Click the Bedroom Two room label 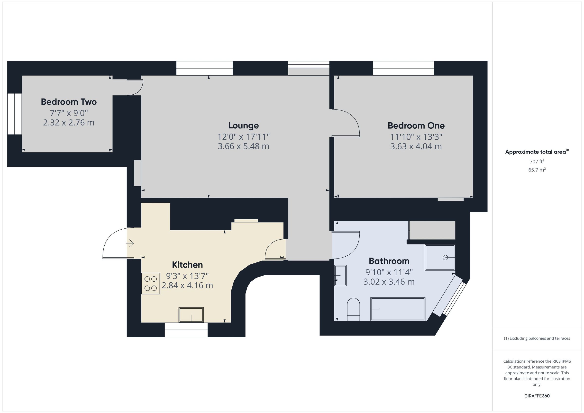click(69, 102)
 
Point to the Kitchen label click(187, 265)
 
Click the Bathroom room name click(389, 261)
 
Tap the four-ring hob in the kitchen click(151, 284)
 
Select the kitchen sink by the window click(191, 315)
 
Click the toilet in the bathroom click(354, 309)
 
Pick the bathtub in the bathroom click(398, 309)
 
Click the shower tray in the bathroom click(440, 258)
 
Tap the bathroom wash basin click(340, 275)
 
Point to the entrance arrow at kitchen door click(130, 243)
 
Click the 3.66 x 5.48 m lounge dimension click(243, 146)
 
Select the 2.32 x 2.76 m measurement click(69, 123)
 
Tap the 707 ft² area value click(537, 161)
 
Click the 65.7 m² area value click(537, 170)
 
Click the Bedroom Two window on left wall click(15, 114)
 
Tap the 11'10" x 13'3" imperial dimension click(416, 137)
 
